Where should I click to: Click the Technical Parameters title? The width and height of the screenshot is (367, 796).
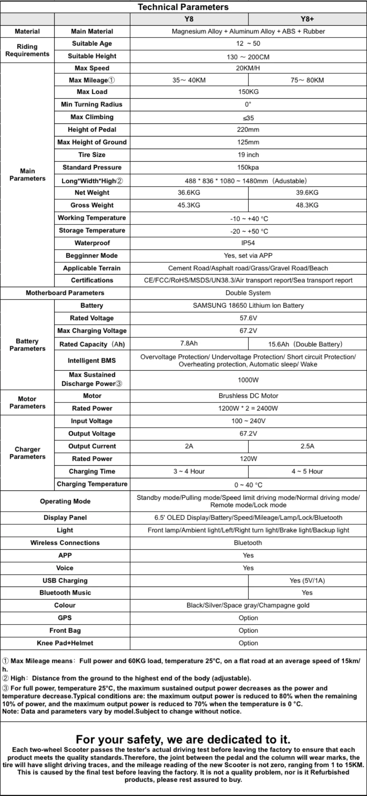pos(183,7)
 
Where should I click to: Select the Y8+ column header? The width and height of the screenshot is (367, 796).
pos(307,19)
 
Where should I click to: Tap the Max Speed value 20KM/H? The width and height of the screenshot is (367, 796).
pos(248,68)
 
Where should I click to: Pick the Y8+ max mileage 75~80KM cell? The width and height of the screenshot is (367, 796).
pos(307,80)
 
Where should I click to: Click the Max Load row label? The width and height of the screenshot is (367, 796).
pos(92,92)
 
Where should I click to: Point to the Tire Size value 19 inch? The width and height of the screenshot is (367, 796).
pos(248,155)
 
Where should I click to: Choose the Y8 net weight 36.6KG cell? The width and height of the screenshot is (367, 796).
pos(189,193)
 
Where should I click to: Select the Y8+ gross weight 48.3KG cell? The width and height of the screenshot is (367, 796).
pos(307,205)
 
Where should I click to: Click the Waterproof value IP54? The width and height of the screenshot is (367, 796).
pos(248,243)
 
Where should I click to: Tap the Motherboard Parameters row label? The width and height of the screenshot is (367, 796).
pos(65,293)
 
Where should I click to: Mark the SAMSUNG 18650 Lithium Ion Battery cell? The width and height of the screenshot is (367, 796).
pos(248,306)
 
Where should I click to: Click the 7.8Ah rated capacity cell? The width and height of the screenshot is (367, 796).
pos(189,343)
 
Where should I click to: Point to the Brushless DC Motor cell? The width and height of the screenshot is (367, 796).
pos(248,396)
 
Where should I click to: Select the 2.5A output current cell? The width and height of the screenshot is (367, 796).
pos(307,446)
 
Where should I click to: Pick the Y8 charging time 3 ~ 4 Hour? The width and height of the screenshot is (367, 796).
pos(189,471)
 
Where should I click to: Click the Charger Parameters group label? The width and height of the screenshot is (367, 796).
pos(27,453)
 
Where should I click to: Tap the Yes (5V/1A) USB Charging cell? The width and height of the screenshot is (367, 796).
pos(307,581)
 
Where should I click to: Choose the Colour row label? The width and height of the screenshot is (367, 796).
pos(65,605)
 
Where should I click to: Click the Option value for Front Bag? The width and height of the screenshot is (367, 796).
pos(248,631)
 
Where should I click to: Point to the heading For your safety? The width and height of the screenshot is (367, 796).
pos(183,739)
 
